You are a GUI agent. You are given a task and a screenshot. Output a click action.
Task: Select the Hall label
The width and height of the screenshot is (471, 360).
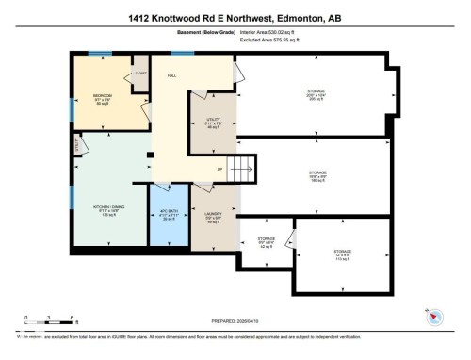click(171, 74)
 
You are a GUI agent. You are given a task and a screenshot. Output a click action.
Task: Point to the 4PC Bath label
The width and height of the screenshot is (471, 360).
click(170, 214)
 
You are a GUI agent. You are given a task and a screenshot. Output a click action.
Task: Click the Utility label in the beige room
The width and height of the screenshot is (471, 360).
click(213, 120)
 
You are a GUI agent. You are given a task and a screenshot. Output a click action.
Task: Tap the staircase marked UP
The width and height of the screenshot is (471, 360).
click(241, 170)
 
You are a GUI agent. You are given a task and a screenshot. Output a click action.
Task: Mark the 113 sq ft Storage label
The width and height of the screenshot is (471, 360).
click(342, 252)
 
